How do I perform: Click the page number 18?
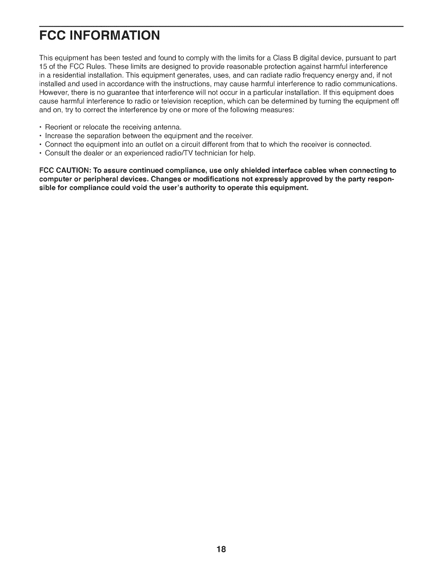(221, 549)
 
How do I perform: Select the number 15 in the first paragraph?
(42, 67)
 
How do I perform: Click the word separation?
(103, 136)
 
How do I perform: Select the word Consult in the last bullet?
(56, 154)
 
